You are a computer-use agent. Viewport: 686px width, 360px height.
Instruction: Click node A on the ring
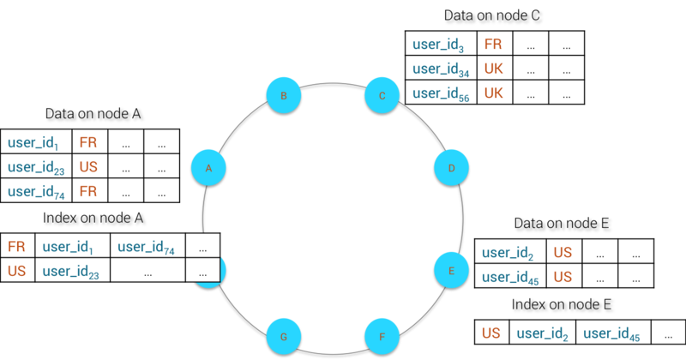coord(208,168)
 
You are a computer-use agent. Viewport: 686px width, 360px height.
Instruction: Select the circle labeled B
coord(284,95)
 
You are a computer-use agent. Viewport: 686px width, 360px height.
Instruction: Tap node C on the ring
coord(382,95)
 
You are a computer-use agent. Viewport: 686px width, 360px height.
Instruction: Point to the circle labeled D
coord(452,168)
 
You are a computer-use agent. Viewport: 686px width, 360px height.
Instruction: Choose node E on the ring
coord(451,269)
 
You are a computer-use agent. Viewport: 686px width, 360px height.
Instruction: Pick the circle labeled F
coord(382,337)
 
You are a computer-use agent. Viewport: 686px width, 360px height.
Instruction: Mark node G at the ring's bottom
coord(284,337)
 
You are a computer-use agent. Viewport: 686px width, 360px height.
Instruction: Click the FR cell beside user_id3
coord(495,44)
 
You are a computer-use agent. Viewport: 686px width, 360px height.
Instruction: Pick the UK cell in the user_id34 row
coord(495,68)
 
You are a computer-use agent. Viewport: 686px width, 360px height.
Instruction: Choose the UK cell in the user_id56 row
coord(495,93)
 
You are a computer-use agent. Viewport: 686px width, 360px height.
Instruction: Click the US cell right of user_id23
coord(89,166)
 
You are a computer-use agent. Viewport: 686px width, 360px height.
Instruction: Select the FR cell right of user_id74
coord(89,190)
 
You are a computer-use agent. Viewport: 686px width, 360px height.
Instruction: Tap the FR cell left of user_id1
coord(17,247)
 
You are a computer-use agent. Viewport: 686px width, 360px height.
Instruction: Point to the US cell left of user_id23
coord(17,271)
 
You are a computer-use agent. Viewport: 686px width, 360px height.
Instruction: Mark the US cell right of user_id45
coord(563,276)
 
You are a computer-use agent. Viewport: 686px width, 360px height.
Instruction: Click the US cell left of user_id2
coord(492,333)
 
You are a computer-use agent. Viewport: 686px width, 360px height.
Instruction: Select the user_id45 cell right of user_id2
coord(612,333)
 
